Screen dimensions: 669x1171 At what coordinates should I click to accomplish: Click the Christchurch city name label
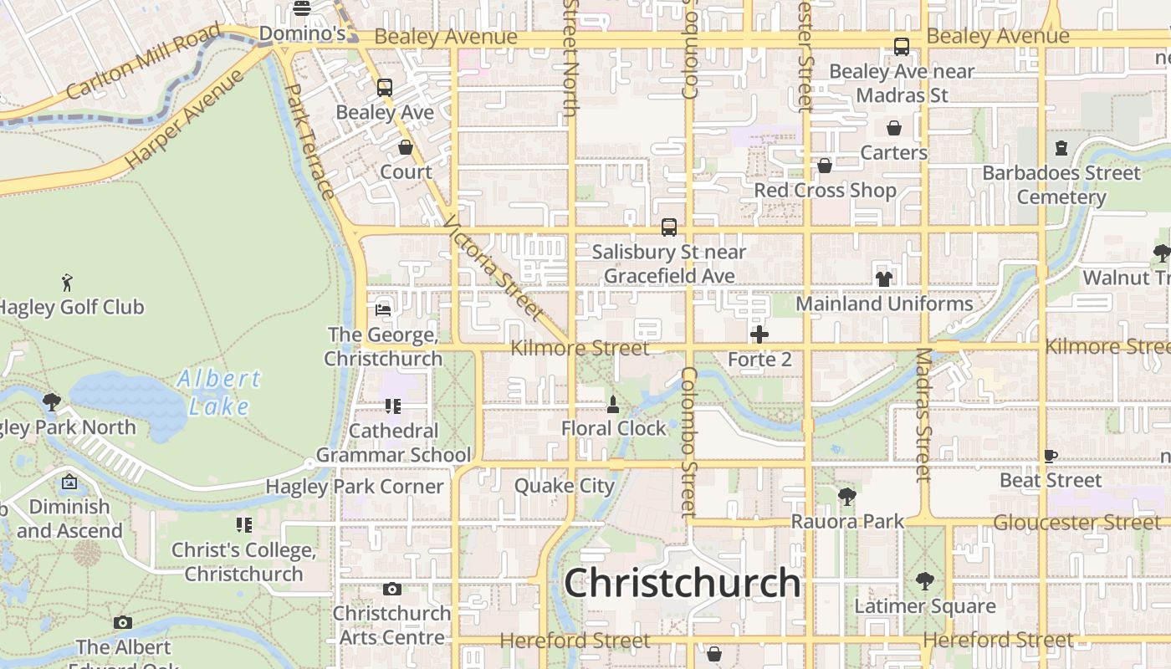click(683, 583)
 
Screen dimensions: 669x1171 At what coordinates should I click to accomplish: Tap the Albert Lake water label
click(219, 392)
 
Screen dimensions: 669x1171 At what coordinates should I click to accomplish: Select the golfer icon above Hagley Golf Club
click(67, 282)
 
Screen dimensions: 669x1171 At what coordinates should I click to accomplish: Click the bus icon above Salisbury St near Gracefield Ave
click(669, 227)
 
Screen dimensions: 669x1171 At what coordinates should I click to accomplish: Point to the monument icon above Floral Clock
click(613, 405)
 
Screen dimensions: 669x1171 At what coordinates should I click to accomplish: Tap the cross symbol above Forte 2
click(759, 335)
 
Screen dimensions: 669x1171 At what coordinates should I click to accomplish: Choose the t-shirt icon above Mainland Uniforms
click(884, 278)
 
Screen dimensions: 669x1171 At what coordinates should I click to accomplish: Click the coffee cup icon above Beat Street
click(1051, 456)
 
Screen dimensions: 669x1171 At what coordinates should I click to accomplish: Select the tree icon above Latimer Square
click(925, 580)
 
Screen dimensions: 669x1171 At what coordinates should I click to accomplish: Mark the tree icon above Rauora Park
click(847, 496)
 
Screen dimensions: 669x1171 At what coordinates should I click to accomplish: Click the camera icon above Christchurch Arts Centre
click(391, 589)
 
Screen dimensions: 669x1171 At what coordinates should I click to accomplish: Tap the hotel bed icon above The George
click(383, 309)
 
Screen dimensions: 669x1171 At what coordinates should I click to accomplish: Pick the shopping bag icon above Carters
click(894, 128)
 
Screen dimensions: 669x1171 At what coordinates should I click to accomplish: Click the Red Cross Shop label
click(825, 190)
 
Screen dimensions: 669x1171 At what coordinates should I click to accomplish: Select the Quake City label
click(565, 485)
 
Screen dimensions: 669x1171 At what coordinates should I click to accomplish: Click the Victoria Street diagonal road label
click(493, 268)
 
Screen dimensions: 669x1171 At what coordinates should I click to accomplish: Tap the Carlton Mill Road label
click(143, 62)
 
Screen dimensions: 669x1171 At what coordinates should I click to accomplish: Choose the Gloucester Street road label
click(1076, 523)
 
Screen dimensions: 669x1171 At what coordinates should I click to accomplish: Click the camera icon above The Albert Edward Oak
click(123, 622)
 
